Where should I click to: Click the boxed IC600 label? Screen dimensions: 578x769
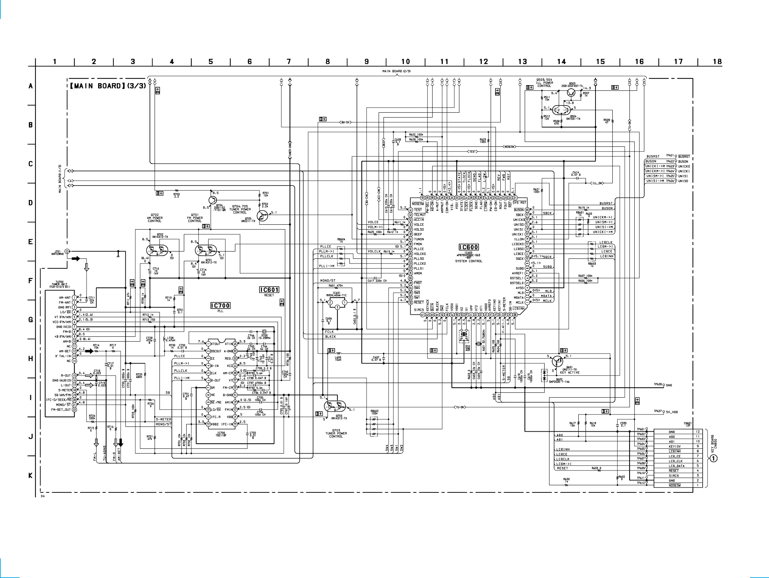tap(469, 247)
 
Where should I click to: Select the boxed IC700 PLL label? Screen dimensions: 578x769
tap(220, 305)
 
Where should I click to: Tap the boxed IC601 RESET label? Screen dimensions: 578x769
tap(269, 290)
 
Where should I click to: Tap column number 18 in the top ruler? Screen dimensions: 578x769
tap(717, 62)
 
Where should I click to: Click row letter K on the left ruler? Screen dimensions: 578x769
tap(31, 475)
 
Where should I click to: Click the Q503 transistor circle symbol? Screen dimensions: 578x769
tap(571, 92)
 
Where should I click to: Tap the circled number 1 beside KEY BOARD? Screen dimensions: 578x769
tap(713, 458)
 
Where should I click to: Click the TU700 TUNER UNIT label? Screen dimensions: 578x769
tap(60, 285)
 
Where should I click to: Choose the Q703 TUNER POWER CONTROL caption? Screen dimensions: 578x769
tap(336, 433)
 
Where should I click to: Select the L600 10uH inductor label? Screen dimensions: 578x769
tap(338, 358)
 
